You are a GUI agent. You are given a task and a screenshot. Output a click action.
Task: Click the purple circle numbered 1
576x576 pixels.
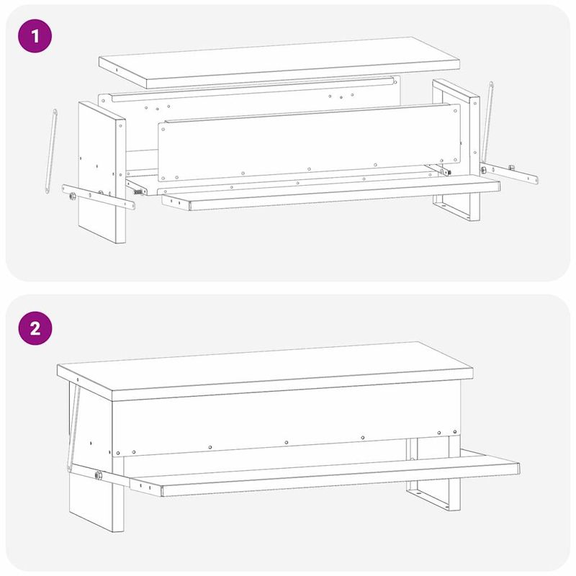[35, 36]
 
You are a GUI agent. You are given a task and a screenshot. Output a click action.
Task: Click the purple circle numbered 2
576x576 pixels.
[35, 328]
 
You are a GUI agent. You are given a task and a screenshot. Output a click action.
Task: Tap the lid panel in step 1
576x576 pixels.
[279, 63]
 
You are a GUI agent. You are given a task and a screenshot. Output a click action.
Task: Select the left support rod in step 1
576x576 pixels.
[51, 151]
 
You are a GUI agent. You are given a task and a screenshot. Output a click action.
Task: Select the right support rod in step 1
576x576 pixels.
[487, 122]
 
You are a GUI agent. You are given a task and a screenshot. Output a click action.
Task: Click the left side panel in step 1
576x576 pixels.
[102, 172]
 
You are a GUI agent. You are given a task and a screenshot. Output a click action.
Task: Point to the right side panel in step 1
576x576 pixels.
[456, 147]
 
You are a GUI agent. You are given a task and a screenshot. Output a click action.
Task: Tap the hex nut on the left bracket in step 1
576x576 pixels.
[73, 196]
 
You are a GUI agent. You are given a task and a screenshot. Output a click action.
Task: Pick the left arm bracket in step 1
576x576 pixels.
[99, 197]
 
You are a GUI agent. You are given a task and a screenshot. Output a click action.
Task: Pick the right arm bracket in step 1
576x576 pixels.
[509, 174]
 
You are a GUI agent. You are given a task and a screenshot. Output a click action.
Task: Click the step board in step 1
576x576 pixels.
[330, 193]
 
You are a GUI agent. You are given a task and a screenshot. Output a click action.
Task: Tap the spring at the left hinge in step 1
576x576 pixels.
[138, 192]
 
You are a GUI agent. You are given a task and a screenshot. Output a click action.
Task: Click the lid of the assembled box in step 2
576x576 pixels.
[265, 371]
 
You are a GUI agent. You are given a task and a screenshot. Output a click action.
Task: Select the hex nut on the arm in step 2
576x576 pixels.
[98, 475]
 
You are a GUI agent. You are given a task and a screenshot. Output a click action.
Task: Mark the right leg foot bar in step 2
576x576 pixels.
[428, 499]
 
